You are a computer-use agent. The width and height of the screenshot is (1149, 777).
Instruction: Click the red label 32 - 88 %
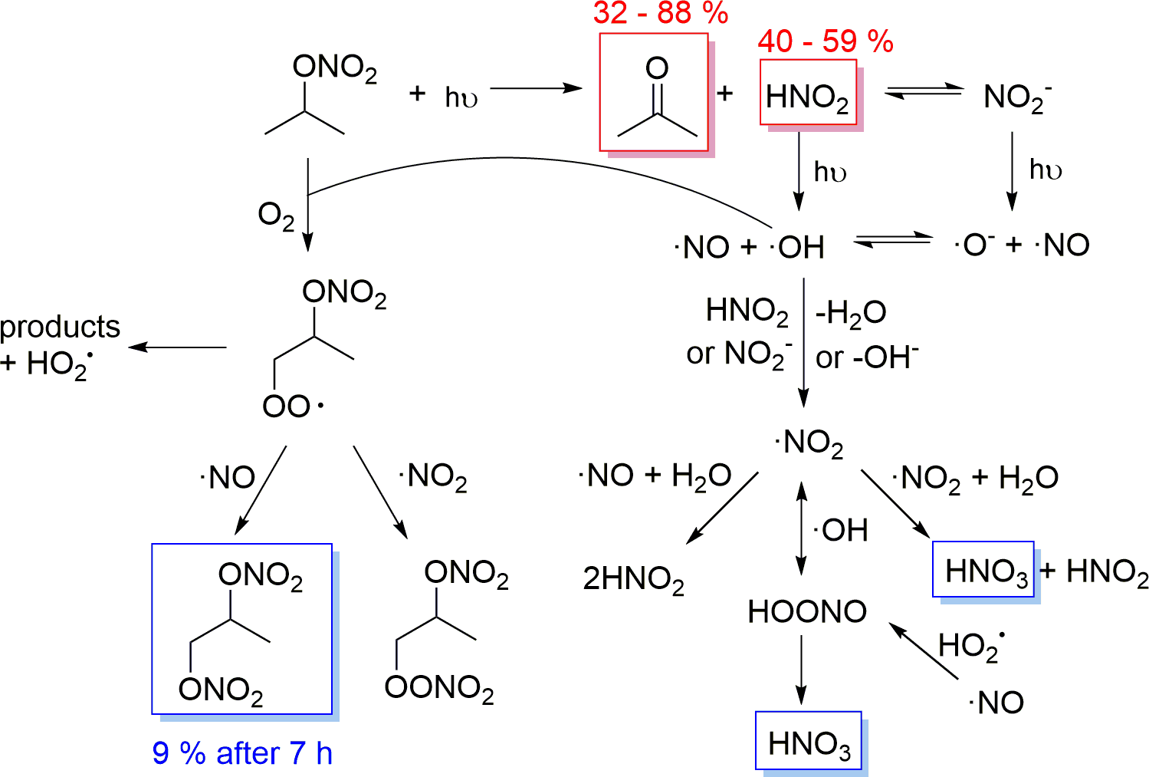pos(660,13)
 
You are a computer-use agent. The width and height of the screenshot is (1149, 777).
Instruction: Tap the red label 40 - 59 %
pos(826,41)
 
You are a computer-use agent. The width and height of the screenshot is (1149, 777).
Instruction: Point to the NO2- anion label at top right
pos(1016,97)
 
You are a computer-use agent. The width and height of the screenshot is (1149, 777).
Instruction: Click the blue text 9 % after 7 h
pos(242,753)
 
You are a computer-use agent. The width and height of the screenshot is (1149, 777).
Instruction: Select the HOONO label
pos(806,611)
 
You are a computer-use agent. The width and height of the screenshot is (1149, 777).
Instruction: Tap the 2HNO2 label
pos(633,579)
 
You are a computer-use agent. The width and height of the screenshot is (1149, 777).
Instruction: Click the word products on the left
pos(60,327)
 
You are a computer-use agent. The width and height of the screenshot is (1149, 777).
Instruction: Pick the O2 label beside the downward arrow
pos(276,216)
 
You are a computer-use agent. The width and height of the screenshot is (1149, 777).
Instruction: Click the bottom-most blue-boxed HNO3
pos(809,743)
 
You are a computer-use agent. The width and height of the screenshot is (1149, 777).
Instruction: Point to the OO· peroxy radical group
pos(292,406)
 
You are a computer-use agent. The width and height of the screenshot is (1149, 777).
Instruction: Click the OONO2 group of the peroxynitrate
pos(439,688)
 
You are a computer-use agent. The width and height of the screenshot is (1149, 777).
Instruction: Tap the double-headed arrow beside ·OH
pos(802,528)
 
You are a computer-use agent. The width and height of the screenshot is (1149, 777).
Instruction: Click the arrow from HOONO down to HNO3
pos(802,670)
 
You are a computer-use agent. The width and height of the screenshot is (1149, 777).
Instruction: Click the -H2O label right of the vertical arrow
pos(850,312)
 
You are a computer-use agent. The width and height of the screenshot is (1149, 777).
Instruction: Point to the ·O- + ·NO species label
pos(1021,245)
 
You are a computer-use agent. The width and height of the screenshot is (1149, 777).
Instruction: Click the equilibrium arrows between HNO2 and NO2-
pos(924,92)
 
